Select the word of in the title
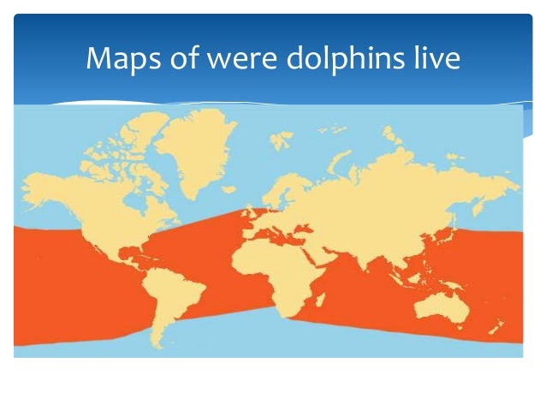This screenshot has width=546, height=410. coord(180,60)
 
